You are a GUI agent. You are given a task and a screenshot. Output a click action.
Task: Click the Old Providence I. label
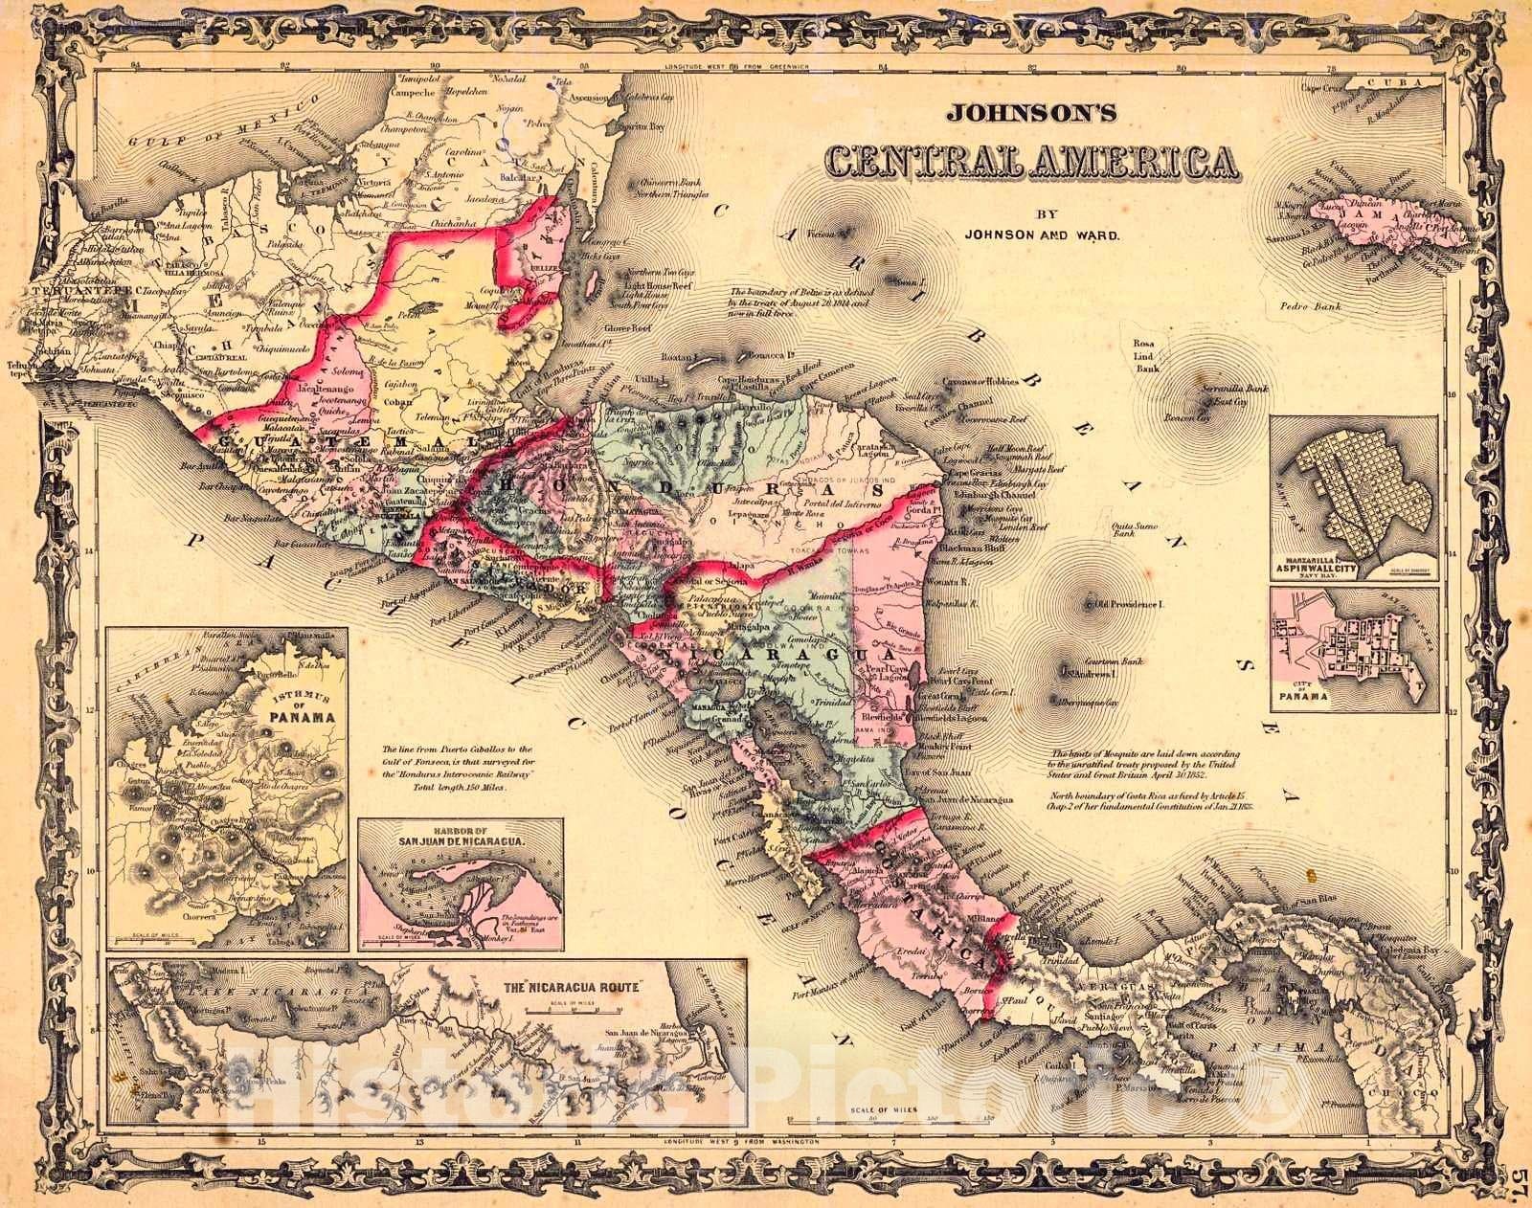1135,605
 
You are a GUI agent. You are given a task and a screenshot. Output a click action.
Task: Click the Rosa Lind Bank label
1146,355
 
